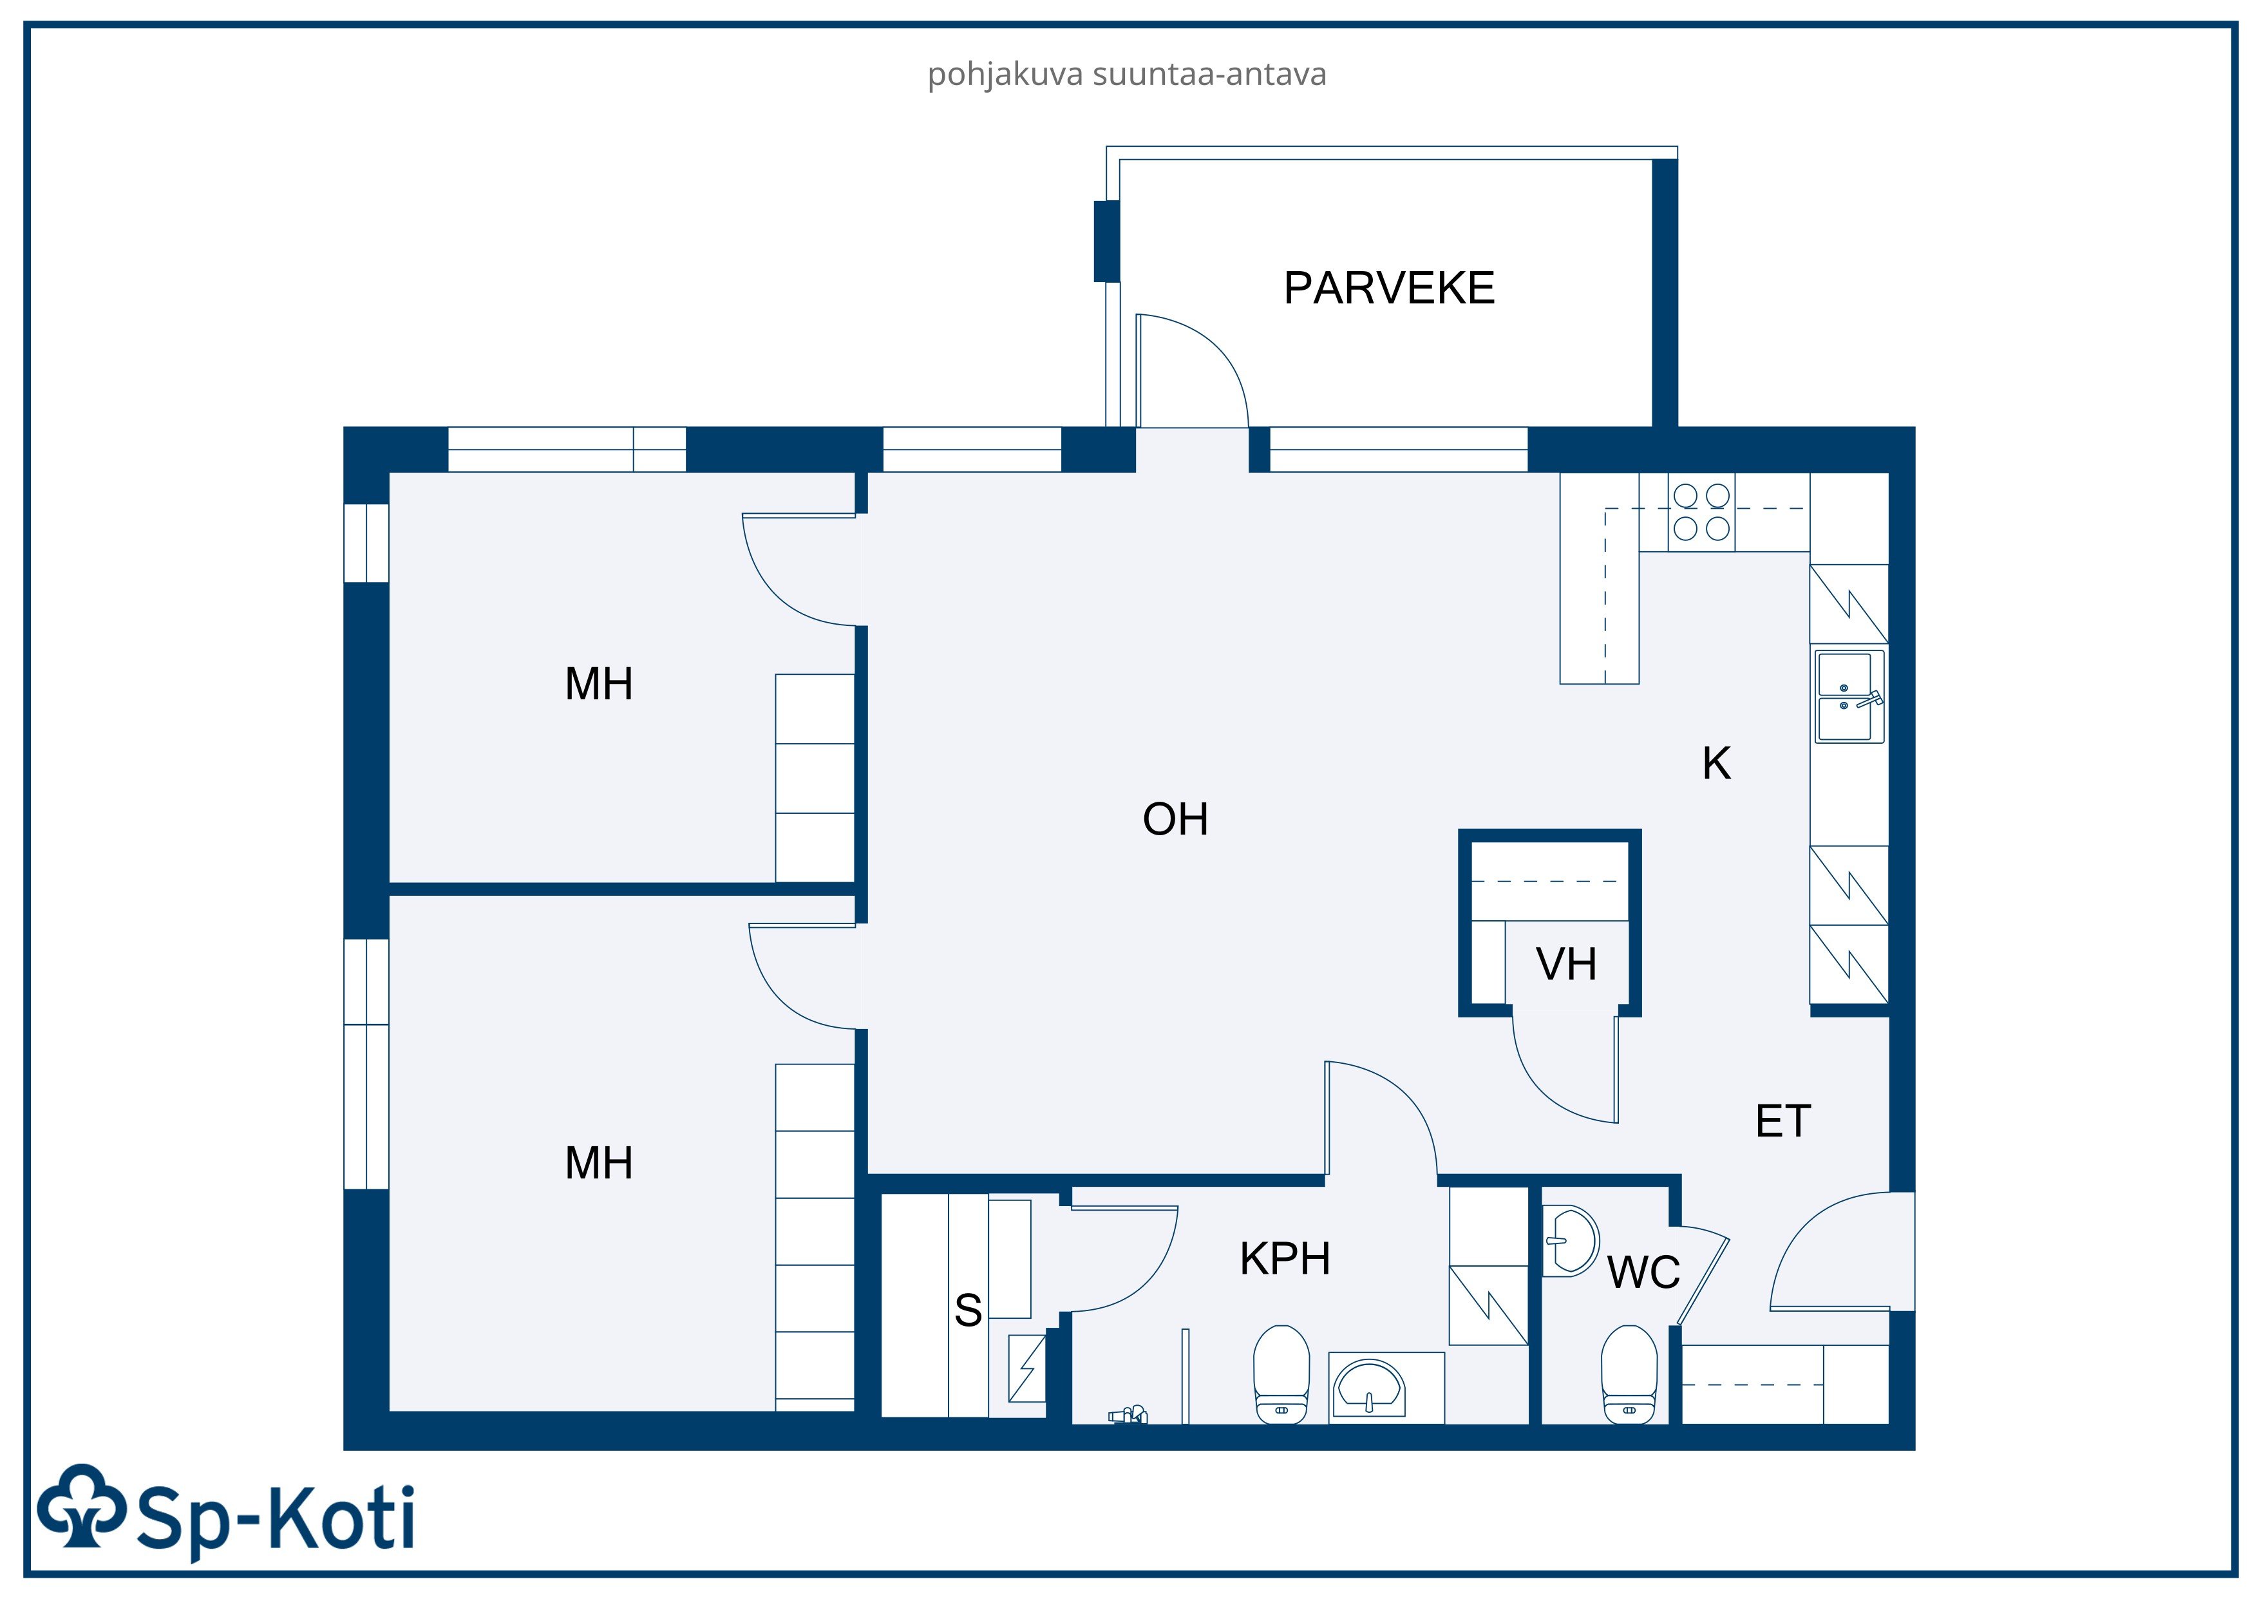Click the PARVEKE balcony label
(x=1388, y=288)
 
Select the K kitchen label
(x=1716, y=764)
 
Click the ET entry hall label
(x=1783, y=1120)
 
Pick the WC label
(x=1643, y=1272)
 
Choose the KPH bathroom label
(x=1285, y=1258)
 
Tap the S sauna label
(x=968, y=1310)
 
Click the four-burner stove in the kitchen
(x=1701, y=512)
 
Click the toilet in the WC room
(x=1629, y=1374)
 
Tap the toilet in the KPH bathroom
(x=1281, y=1374)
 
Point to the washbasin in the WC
(x=1570, y=1241)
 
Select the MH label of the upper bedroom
(x=598, y=684)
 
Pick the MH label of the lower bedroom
(x=598, y=1163)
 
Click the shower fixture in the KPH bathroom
(x=1128, y=1416)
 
